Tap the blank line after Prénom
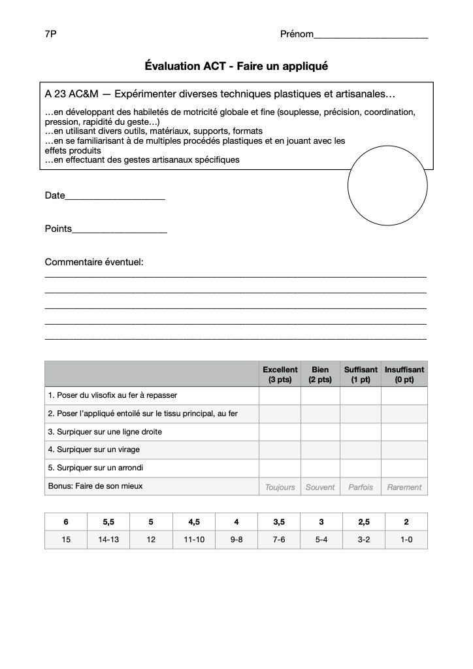370,36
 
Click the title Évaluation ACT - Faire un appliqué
236,66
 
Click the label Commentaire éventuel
94,262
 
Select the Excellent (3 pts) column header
280,374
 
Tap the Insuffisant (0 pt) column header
404,374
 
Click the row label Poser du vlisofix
112,395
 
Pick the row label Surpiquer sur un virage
94,449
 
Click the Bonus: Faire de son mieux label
95,486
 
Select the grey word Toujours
280,487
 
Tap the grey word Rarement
404,487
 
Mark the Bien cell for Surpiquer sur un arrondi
320,468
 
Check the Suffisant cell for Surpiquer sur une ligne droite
361,432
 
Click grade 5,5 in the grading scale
108,522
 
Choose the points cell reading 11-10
194,540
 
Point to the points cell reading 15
66,540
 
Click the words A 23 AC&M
71,95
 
